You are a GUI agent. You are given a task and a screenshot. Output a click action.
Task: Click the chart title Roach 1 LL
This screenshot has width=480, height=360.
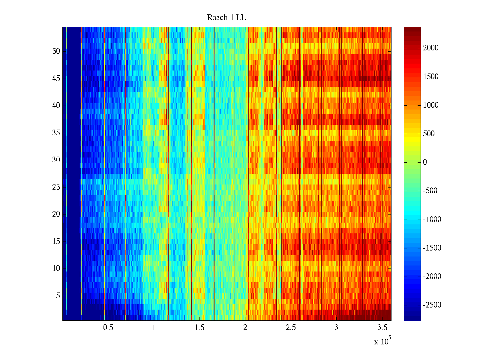(x=226, y=18)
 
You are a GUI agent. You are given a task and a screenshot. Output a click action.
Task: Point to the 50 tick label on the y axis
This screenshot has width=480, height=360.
(x=56, y=51)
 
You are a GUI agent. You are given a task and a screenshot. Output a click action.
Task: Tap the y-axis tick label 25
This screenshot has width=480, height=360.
(x=56, y=187)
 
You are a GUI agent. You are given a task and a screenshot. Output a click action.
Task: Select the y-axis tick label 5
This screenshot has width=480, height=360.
(x=58, y=295)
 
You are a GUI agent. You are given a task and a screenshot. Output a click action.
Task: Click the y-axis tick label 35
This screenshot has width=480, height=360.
(x=56, y=133)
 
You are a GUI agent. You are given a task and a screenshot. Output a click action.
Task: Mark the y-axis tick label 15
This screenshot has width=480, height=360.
(x=56, y=241)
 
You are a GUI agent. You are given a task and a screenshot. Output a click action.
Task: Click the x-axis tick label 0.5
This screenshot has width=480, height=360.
(x=108, y=328)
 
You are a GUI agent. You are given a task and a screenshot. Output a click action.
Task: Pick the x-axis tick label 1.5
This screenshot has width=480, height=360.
(x=199, y=328)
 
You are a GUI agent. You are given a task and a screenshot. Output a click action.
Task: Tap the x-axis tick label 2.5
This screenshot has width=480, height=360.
(x=291, y=328)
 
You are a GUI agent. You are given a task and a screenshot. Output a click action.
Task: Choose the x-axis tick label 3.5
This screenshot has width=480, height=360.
(x=382, y=328)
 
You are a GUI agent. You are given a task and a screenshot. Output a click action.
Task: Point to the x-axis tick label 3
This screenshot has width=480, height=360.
(x=336, y=328)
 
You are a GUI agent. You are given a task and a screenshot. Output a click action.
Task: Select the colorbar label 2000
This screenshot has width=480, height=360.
(x=431, y=48)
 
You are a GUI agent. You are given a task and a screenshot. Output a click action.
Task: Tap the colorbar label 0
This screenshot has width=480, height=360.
(x=425, y=162)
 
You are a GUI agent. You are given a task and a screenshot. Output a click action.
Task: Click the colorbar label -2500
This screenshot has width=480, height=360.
(x=432, y=305)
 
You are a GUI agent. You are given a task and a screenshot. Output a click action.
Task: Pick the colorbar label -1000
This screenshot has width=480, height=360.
(x=432, y=219)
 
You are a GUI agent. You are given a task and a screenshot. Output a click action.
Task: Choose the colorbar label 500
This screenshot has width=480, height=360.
(x=429, y=134)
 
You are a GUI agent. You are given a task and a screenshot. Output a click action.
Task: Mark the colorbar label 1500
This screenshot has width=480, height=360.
(x=431, y=76)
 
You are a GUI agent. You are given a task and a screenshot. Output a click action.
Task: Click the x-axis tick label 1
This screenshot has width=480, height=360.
(x=154, y=328)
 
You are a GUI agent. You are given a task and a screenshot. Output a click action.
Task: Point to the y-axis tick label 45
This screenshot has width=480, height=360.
(x=56, y=78)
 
